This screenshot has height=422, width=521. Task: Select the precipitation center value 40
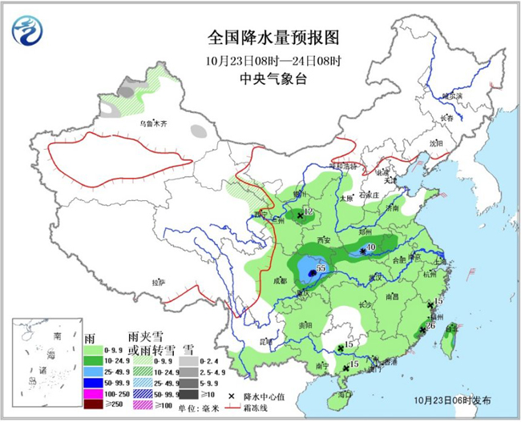(x=371, y=247)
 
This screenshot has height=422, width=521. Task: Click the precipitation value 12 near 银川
(x=307, y=213)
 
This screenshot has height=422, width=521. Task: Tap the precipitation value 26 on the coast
(x=431, y=326)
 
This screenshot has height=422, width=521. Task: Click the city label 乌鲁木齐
(x=154, y=125)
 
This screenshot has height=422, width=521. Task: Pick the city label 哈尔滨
(x=453, y=95)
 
